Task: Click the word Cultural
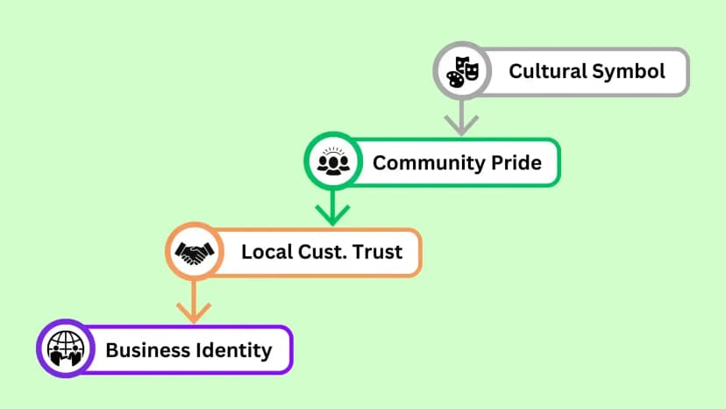click(548, 71)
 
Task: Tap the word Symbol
click(629, 72)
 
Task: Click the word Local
click(267, 252)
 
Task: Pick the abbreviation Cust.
click(323, 252)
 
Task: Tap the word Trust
click(377, 252)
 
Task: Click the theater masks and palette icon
click(462, 71)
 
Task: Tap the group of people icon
click(333, 161)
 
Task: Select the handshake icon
click(195, 253)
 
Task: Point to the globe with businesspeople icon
click(67, 348)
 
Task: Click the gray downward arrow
click(461, 118)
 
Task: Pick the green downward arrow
click(332, 208)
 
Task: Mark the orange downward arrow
click(194, 302)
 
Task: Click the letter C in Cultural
click(516, 71)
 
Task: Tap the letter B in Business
click(112, 350)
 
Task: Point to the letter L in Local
click(247, 252)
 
